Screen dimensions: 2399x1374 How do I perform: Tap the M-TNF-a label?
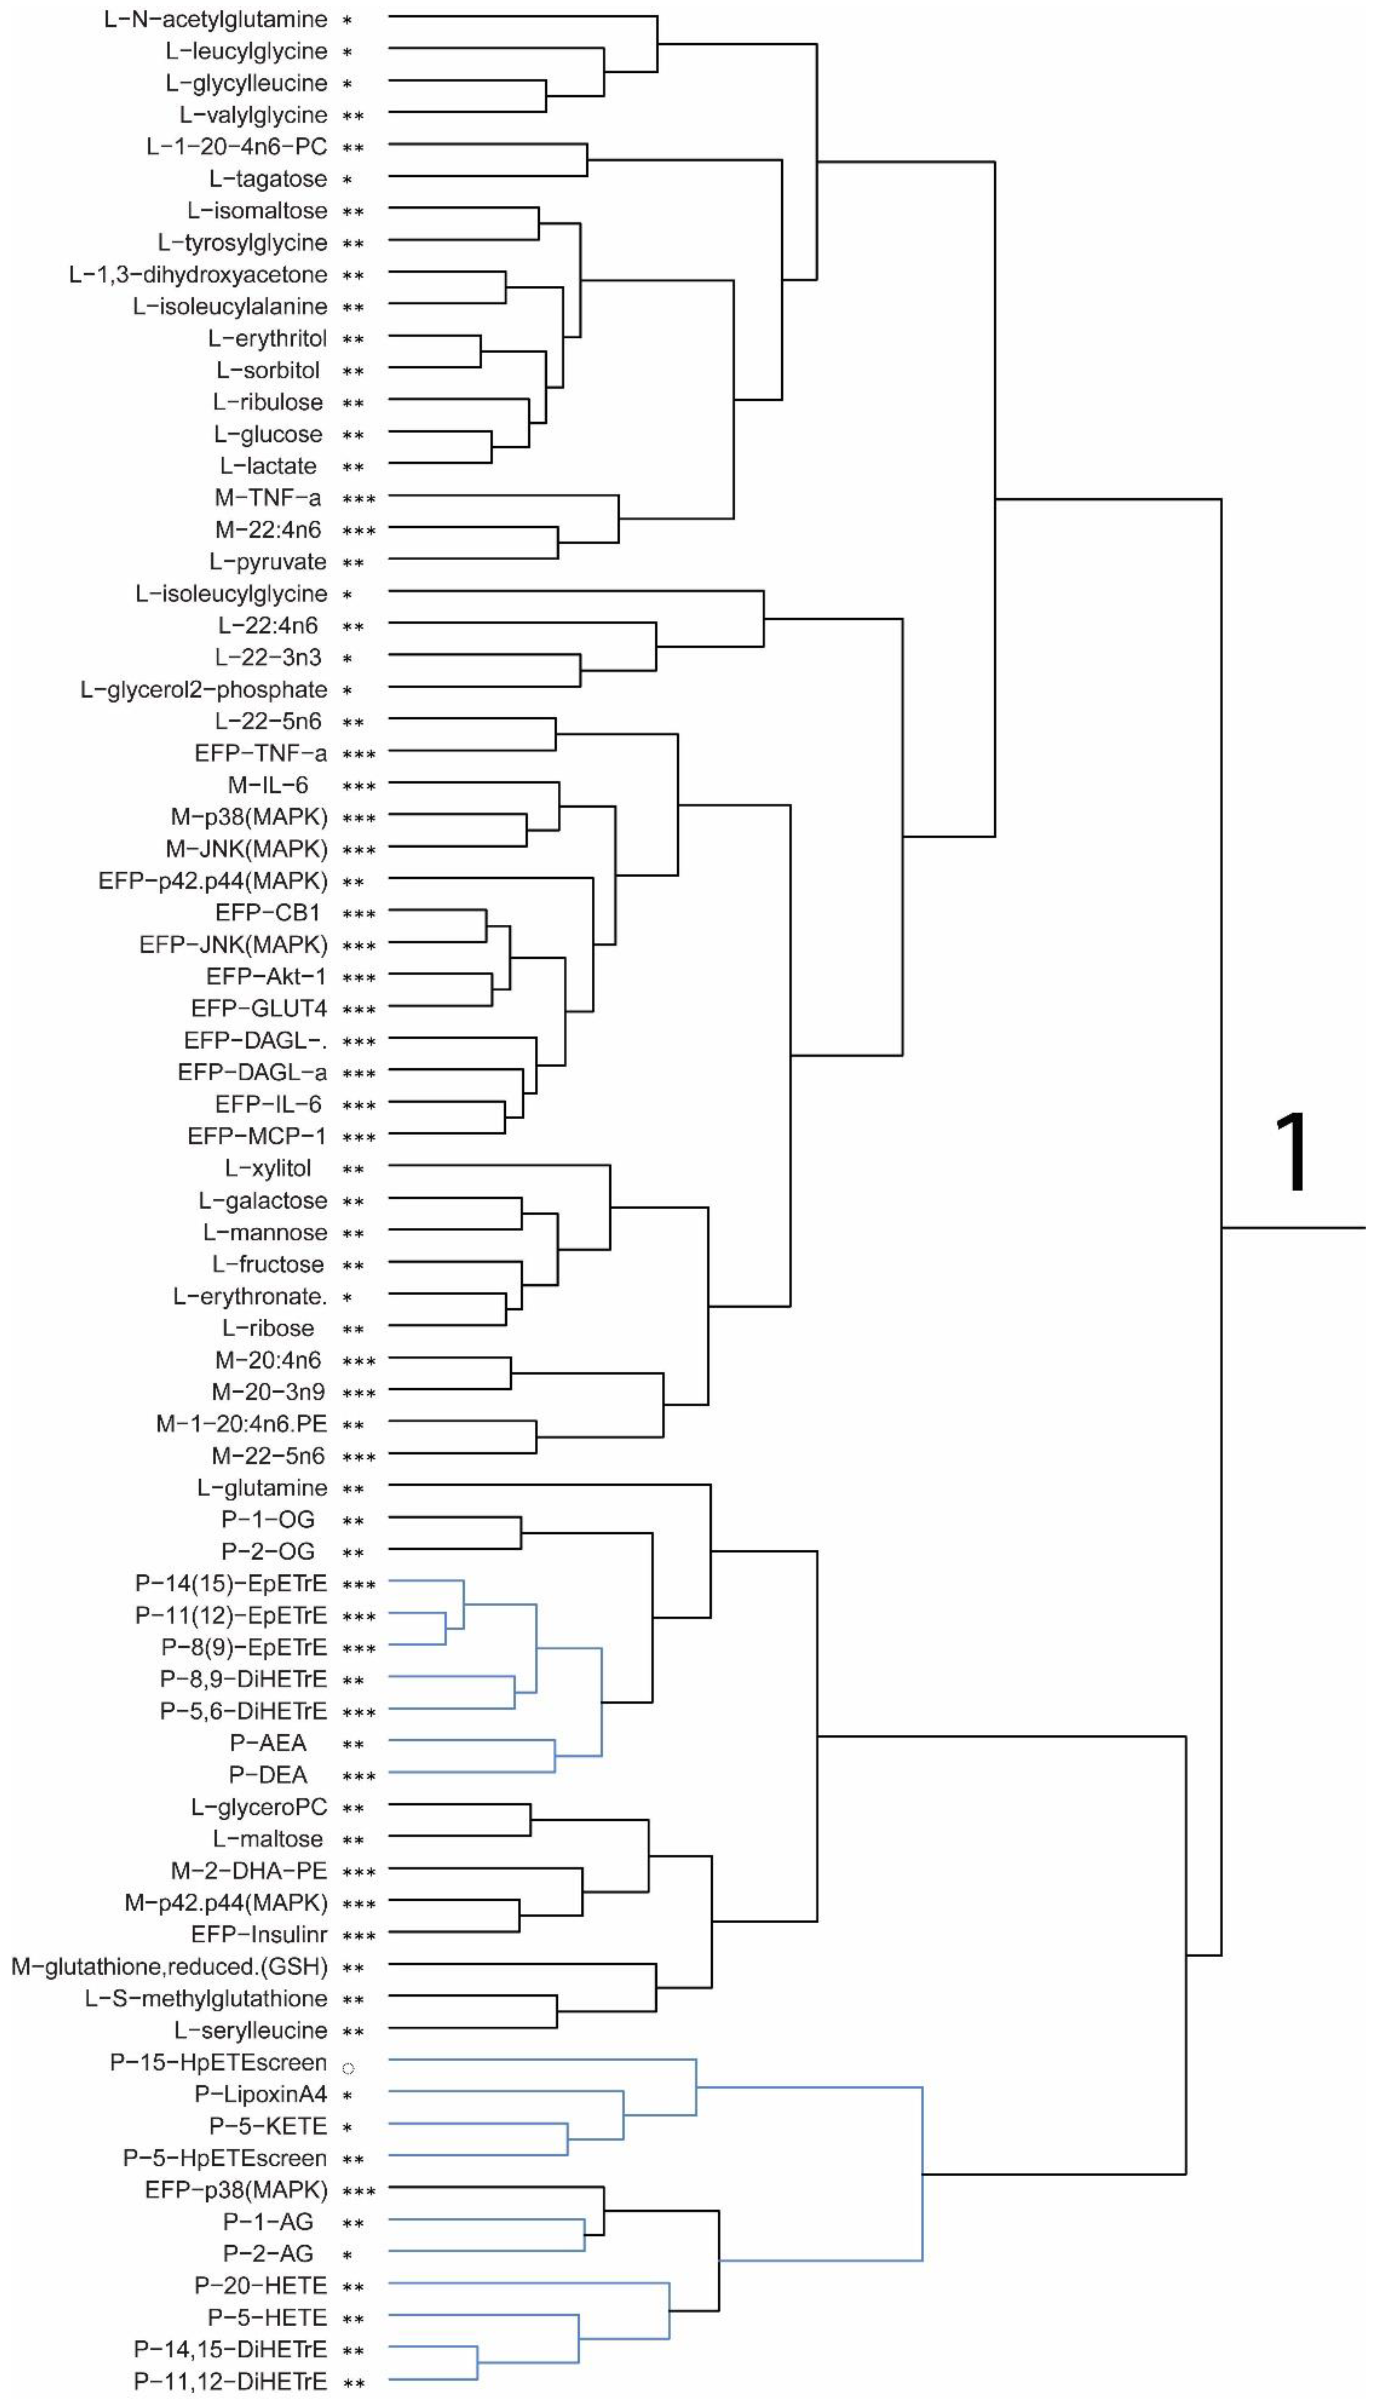tap(268, 497)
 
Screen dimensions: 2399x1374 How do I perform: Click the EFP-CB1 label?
tap(268, 912)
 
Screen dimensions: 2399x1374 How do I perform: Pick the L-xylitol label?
tap(268, 1168)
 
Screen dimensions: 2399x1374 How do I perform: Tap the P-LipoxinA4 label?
tap(261, 2094)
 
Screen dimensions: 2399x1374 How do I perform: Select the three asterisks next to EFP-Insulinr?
tap(358, 1936)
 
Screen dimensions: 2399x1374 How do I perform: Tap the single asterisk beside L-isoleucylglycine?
tap(347, 595)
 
